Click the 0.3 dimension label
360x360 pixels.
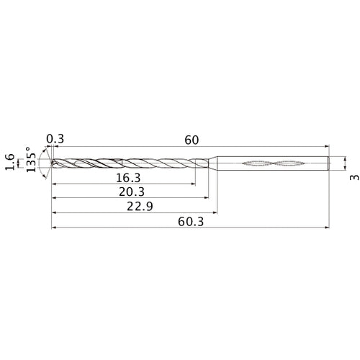click(54, 139)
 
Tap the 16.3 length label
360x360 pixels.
click(127, 176)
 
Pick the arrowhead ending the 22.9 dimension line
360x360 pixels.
click(215, 213)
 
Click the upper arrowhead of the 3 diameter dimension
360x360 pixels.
click(344, 155)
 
